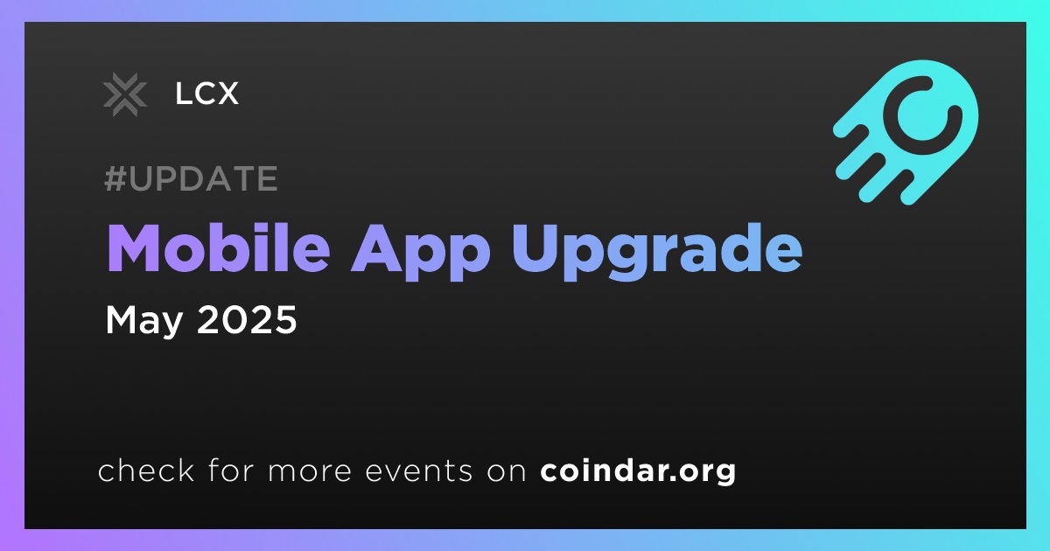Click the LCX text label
coord(206,94)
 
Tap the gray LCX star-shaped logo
coord(124,94)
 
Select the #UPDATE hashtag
coord(192,178)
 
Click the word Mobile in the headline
coord(219,248)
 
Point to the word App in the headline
coord(421,253)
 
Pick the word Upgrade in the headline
coord(657,253)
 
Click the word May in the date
coord(143,320)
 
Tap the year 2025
coord(247,319)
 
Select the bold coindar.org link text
coord(638,471)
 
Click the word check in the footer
coord(146,470)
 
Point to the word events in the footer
coord(419,471)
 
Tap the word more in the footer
coord(310,471)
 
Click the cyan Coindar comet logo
coord(906,132)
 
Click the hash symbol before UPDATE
coord(115,178)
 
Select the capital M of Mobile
coord(132,248)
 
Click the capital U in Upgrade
coord(535,248)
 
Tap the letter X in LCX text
coord(227,94)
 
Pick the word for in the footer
coord(231,470)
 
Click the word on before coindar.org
coord(507,471)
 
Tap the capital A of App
coord(376,248)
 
